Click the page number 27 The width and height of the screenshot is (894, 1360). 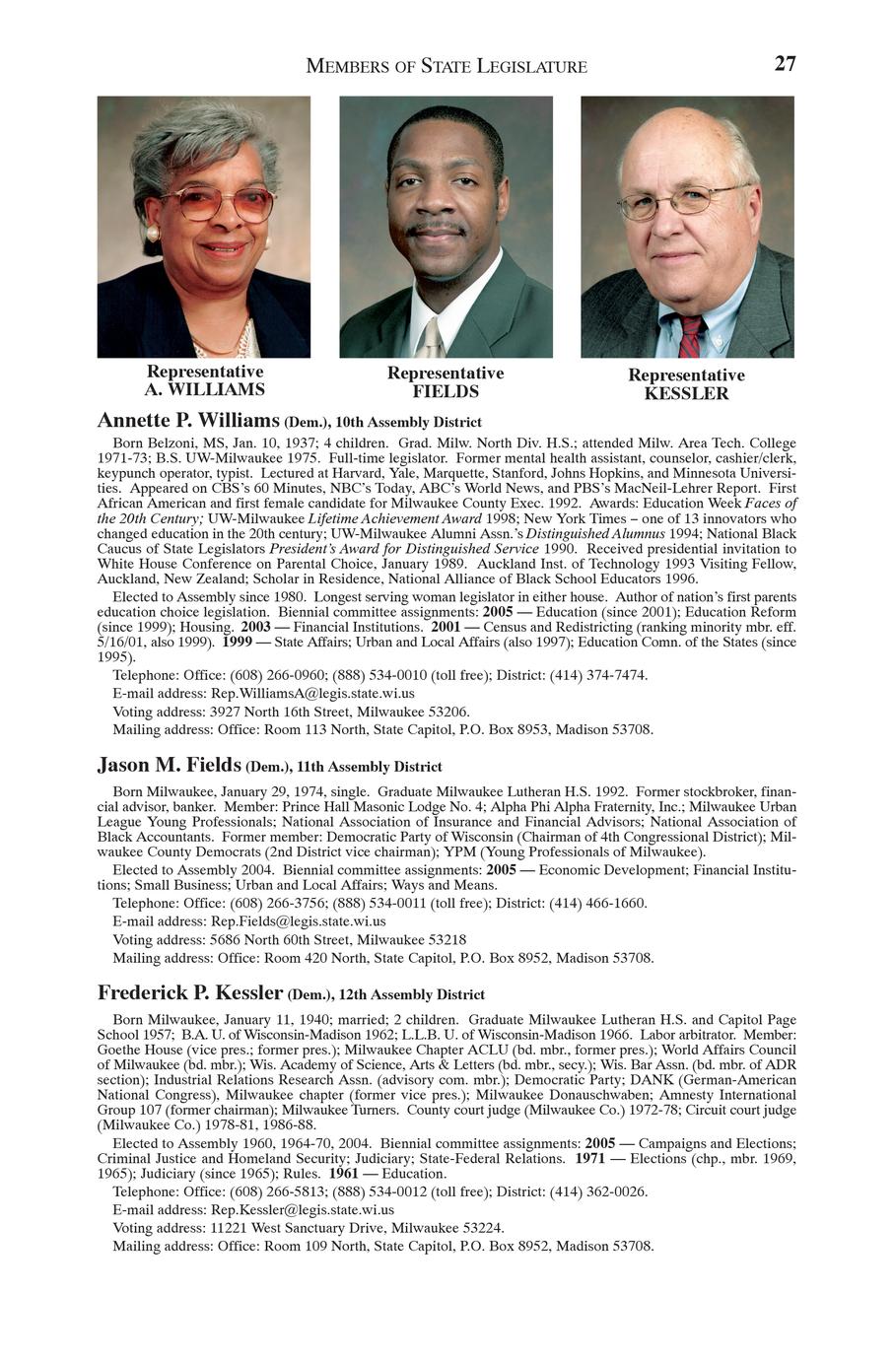(x=785, y=64)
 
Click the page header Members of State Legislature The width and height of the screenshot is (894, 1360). (x=447, y=67)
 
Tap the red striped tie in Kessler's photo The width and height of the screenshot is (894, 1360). (x=689, y=337)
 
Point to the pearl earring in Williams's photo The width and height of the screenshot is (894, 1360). (x=153, y=234)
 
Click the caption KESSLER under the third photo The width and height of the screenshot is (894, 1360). (x=686, y=394)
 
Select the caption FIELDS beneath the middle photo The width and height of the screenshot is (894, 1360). (x=446, y=392)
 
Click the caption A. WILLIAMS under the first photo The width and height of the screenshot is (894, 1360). (x=205, y=390)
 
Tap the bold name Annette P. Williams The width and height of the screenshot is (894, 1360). (x=188, y=421)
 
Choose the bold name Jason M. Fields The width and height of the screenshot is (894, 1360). (x=169, y=765)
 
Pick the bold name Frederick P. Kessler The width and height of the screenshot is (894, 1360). (x=191, y=992)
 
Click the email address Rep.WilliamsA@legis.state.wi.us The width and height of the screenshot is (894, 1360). (x=312, y=694)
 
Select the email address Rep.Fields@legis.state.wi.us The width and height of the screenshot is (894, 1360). (x=299, y=921)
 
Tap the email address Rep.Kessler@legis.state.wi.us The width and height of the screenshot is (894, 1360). (x=303, y=1210)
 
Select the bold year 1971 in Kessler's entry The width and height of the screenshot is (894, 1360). (x=589, y=1159)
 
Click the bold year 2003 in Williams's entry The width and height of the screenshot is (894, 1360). (x=254, y=627)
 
